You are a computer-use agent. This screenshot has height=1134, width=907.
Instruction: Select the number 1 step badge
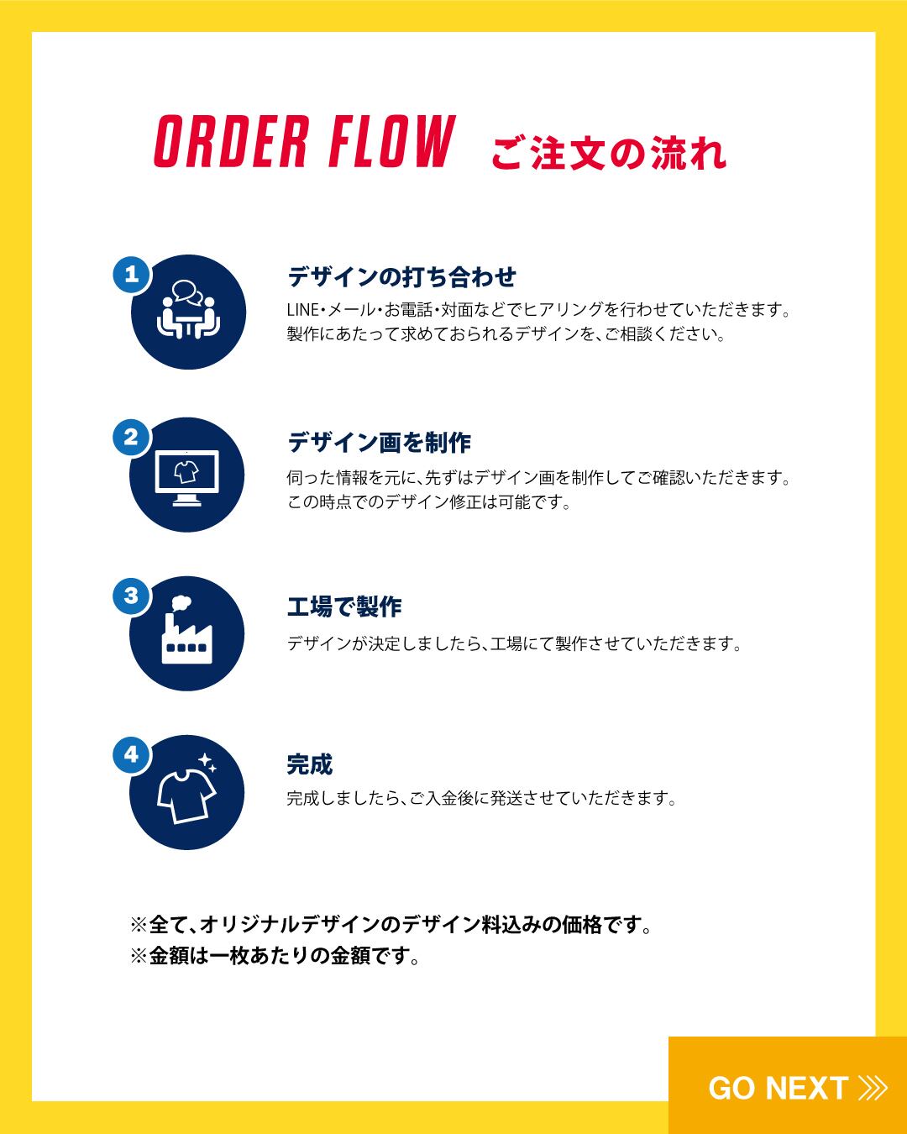tap(131, 275)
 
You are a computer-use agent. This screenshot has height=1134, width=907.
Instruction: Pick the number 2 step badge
tap(131, 438)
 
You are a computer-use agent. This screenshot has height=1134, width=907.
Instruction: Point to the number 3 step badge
tap(131, 596)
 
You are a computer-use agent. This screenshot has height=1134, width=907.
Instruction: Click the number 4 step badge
tap(131, 754)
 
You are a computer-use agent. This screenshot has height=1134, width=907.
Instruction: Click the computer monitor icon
tap(187, 476)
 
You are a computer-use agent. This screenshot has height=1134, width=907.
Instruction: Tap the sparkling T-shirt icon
tap(188, 790)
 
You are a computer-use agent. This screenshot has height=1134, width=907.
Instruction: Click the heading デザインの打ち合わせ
tap(401, 276)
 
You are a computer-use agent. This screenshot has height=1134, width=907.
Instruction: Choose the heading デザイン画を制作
tap(379, 442)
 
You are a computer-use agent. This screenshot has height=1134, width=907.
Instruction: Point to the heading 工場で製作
tap(344, 606)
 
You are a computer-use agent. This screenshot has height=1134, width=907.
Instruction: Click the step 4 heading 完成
tap(309, 764)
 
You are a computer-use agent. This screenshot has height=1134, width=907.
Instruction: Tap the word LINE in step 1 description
tap(302, 310)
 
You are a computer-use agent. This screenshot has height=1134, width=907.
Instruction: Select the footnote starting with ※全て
tap(391, 926)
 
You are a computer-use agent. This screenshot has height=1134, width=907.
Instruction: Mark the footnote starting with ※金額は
tap(275, 956)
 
